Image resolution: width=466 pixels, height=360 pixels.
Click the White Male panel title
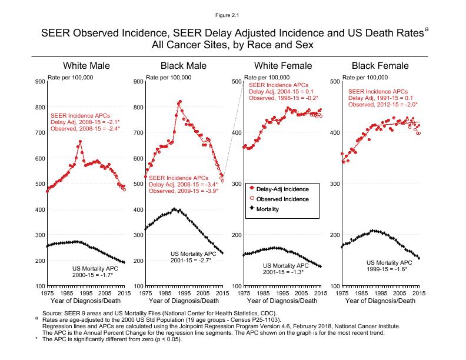pos(86,65)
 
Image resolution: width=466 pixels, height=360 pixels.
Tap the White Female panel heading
pos(283,65)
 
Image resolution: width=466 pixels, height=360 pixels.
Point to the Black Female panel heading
pos(381,65)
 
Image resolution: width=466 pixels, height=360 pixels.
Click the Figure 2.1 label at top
pos(233,10)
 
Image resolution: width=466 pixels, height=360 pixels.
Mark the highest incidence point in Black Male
pos(179,101)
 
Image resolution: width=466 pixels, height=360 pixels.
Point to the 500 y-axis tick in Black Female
pos(334,81)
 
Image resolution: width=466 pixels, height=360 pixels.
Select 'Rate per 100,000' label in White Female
pos(267,77)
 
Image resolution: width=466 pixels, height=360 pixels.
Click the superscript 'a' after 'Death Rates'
pos(427,28)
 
